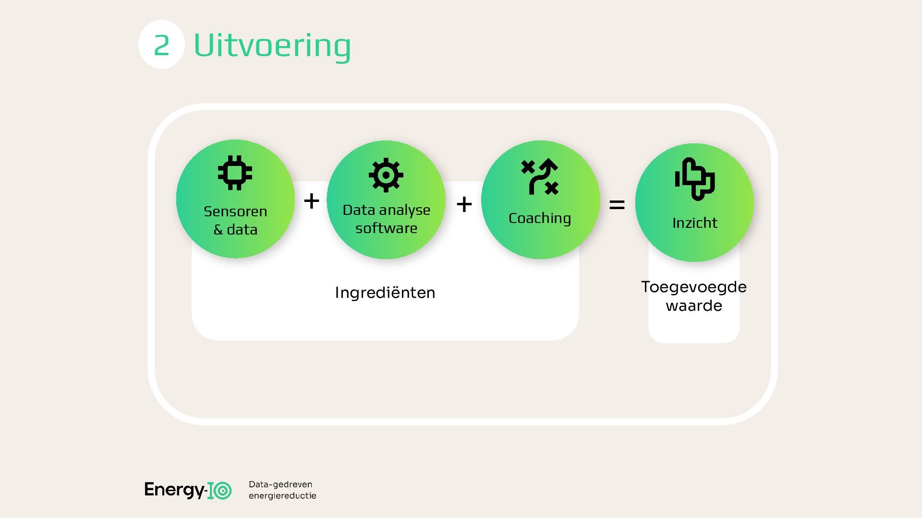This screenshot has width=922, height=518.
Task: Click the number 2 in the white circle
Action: (x=161, y=45)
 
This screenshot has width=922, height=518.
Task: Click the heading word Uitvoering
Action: (x=272, y=46)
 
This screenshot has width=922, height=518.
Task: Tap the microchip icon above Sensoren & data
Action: (x=235, y=173)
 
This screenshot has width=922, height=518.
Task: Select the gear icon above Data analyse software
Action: (x=386, y=175)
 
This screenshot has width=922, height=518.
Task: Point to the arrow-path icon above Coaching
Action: (x=540, y=177)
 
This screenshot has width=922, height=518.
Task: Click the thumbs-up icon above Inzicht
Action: (x=695, y=178)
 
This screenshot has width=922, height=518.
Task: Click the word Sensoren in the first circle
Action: (x=235, y=212)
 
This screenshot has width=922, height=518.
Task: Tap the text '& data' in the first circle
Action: (x=235, y=230)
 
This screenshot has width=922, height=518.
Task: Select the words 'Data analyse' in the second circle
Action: (x=386, y=210)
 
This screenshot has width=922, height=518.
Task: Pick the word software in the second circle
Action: (x=386, y=228)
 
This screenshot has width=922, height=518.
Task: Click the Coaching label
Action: (x=540, y=218)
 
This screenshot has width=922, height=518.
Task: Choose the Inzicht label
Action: (x=695, y=223)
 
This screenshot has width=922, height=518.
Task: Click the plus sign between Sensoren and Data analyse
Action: (x=312, y=201)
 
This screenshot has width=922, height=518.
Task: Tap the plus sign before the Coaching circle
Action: (x=464, y=205)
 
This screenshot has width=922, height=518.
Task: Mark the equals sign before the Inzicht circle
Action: (x=617, y=205)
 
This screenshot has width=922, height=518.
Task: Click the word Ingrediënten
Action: (x=385, y=293)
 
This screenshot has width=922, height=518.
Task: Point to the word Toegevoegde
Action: (x=694, y=287)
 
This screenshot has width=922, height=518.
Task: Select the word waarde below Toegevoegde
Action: (x=694, y=306)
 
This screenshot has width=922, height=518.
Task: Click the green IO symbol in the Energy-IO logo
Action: (x=219, y=491)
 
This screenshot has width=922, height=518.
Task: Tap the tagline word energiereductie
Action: (x=282, y=496)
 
